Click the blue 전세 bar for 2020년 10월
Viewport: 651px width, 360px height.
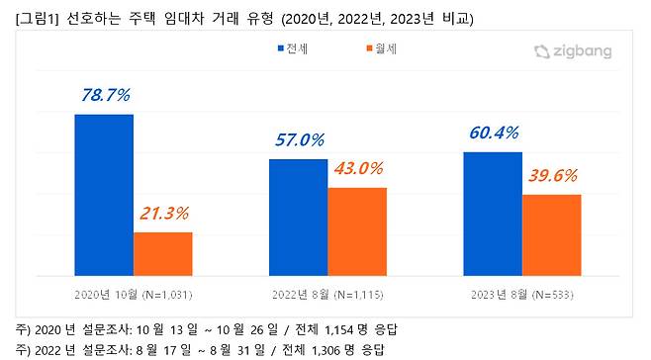tap(104, 188)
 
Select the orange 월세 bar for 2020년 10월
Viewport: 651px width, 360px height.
tap(162, 247)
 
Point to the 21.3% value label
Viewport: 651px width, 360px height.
tap(161, 214)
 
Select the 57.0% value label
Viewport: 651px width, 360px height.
tap(298, 139)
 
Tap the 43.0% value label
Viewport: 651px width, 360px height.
tap(357, 169)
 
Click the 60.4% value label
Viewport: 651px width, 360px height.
tap(492, 133)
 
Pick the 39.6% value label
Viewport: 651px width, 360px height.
tap(551, 176)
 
